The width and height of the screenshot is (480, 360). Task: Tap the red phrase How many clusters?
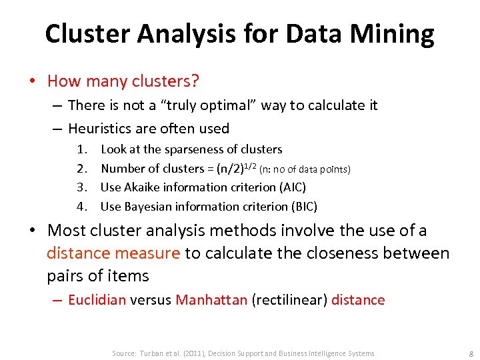pos(123,81)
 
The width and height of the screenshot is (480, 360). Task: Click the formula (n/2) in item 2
pos(227,169)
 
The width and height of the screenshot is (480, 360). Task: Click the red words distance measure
pos(113,253)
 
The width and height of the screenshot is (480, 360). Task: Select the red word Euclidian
pos(97,300)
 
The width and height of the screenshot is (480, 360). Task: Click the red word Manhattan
pos(211,300)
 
